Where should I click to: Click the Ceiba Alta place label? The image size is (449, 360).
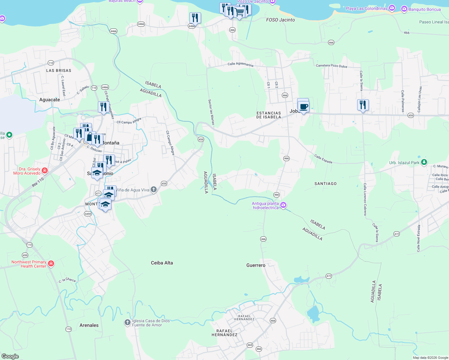pyautogui.click(x=162, y=263)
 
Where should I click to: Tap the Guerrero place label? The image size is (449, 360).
pyautogui.click(x=256, y=265)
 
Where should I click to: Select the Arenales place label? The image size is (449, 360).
pyautogui.click(x=89, y=325)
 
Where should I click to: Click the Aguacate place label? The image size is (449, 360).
pyautogui.click(x=50, y=100)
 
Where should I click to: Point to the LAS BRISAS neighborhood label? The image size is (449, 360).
pyautogui.click(x=59, y=70)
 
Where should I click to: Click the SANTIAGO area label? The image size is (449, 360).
pyautogui.click(x=325, y=184)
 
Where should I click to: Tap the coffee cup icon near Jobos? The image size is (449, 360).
pyautogui.click(x=303, y=106)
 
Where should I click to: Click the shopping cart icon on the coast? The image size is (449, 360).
pyautogui.click(x=239, y=12)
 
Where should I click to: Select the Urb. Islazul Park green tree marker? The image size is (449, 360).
pyautogui.click(x=424, y=162)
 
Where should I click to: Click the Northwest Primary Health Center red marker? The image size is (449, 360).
pyautogui.click(x=51, y=264)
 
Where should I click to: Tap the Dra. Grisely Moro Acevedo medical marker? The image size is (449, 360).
pyautogui.click(x=45, y=171)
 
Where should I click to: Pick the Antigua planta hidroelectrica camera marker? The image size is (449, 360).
pyautogui.click(x=283, y=205)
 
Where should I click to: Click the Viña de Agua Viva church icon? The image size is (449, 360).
pyautogui.click(x=154, y=190)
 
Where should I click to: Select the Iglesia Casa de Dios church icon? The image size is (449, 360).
pyautogui.click(x=128, y=322)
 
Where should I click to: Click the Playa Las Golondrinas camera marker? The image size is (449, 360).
pyautogui.click(x=392, y=8)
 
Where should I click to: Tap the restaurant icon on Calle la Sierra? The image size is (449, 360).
pyautogui.click(x=363, y=105)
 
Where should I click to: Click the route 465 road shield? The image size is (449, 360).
pyautogui.click(x=250, y=345)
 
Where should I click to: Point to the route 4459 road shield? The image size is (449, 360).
pyautogui.click(x=88, y=214)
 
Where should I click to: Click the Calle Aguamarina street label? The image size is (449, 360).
pyautogui.click(x=240, y=64)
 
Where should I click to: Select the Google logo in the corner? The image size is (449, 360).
pyautogui.click(x=10, y=356)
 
